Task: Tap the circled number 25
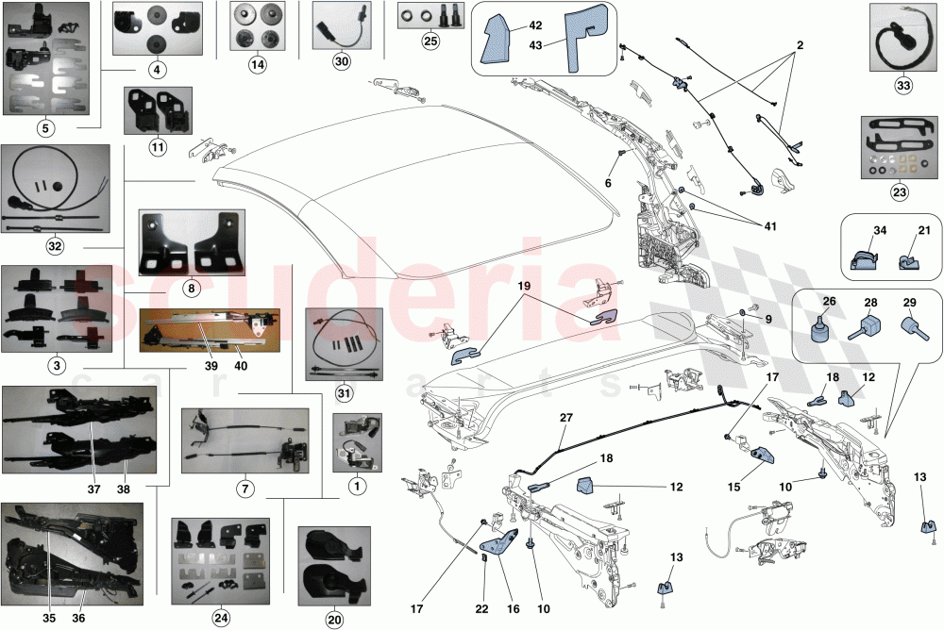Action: click(430, 41)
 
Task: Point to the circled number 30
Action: click(341, 61)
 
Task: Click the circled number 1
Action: click(355, 487)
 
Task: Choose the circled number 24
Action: click(220, 618)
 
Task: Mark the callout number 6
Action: click(609, 183)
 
